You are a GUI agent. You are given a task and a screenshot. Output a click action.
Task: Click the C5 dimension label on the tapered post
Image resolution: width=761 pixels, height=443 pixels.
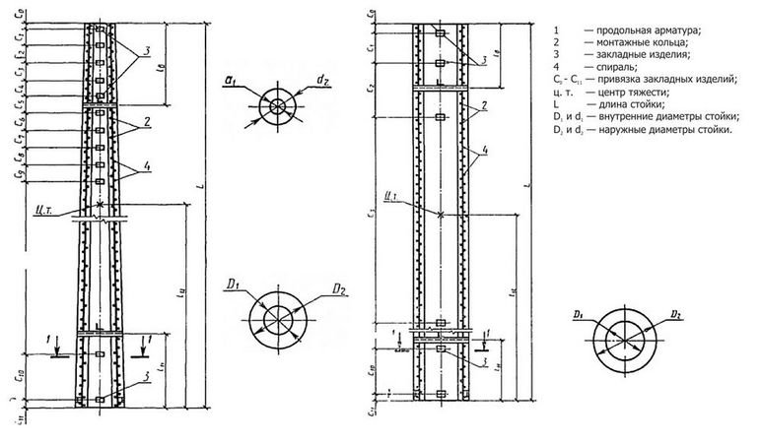pos(22,89)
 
